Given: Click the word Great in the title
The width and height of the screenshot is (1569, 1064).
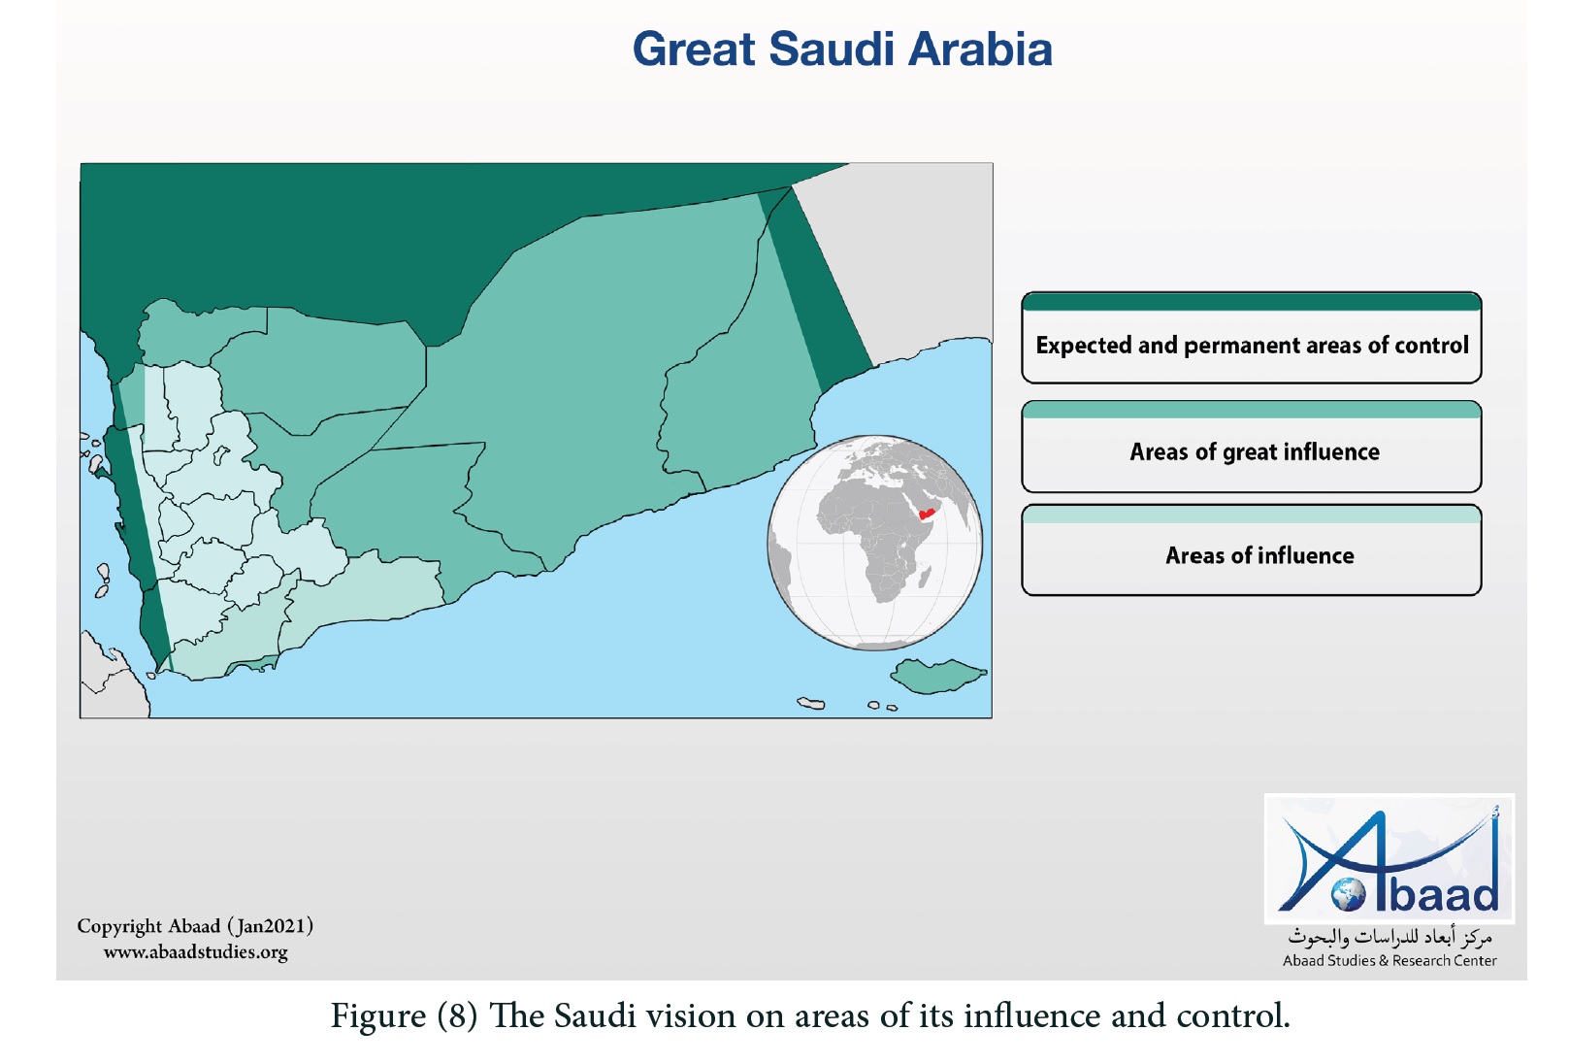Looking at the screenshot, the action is point(694,50).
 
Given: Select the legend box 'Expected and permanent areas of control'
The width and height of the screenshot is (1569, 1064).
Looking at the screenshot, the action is point(1251,338).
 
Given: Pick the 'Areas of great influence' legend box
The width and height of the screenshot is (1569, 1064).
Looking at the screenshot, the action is point(1251,447).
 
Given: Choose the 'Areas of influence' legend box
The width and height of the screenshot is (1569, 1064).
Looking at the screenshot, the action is point(1251,550).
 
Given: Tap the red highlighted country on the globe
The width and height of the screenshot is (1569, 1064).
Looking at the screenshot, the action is point(927,514).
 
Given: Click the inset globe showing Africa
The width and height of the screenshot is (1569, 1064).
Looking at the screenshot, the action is point(875,543).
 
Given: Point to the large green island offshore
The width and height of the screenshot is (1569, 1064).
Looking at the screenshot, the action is point(937,675).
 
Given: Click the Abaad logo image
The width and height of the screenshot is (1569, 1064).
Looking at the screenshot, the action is point(1389,858).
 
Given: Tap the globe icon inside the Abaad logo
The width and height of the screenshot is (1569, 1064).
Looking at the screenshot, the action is point(1349,894).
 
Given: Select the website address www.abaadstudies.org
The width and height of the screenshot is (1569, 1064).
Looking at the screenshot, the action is point(195,951).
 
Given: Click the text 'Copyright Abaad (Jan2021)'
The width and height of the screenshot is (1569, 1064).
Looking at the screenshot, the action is point(195,926).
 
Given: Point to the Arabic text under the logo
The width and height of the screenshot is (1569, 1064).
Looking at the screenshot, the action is point(1389,936).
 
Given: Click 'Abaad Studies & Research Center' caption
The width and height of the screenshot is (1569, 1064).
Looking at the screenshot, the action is point(1389,960).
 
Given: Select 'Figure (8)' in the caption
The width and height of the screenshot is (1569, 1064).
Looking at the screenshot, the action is point(405,1015).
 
